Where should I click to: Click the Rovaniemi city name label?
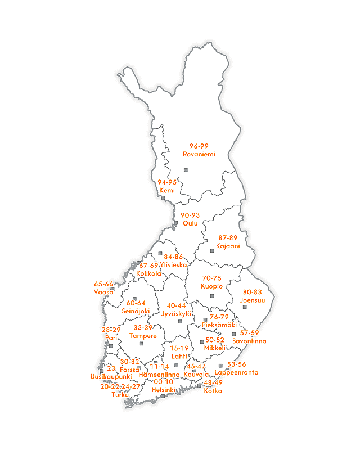(x=199, y=154)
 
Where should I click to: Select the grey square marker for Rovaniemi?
(x=186, y=170)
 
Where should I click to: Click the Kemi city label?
(x=167, y=190)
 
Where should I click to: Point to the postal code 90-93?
(x=191, y=215)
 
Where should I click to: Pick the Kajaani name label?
(x=228, y=246)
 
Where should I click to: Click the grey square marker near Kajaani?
(x=212, y=250)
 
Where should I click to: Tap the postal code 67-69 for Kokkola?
(x=148, y=265)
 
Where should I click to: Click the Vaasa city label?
(x=103, y=292)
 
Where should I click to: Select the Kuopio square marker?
(x=212, y=296)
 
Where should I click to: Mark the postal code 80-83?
(x=252, y=292)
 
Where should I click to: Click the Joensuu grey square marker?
(x=245, y=307)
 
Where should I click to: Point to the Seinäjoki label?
(x=136, y=311)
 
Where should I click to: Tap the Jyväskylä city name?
(x=177, y=313)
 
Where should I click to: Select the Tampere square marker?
(x=141, y=343)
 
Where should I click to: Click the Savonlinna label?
(x=249, y=341)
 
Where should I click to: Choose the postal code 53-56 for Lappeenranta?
(x=237, y=364)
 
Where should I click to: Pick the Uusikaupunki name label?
(x=111, y=376)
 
